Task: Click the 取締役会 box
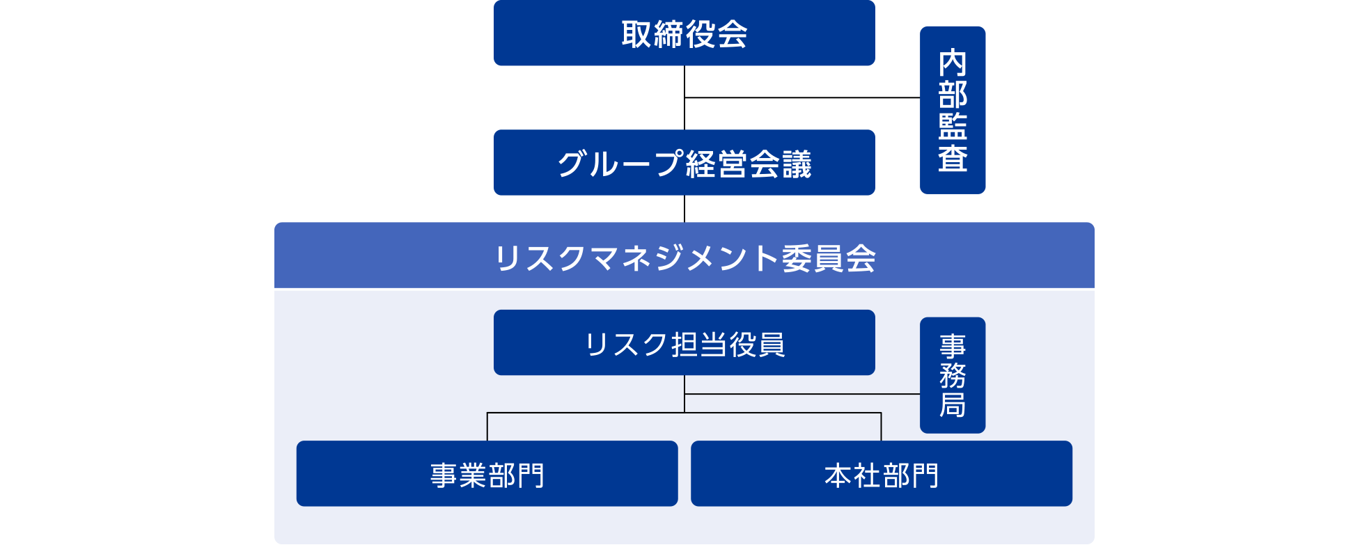click(x=684, y=33)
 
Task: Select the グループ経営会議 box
click(x=684, y=162)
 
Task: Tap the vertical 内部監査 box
click(x=952, y=110)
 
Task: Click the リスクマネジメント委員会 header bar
click(x=684, y=255)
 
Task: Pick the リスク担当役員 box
click(x=684, y=342)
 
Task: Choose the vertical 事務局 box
click(x=952, y=375)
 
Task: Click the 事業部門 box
click(x=487, y=473)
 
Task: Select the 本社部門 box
click(x=881, y=473)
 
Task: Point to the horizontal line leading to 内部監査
click(x=801, y=97)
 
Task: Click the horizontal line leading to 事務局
click(x=801, y=394)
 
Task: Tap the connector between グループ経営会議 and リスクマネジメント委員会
click(x=684, y=209)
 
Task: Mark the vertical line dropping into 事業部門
click(x=487, y=427)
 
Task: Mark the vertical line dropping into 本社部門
click(x=881, y=427)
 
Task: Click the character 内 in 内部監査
click(x=952, y=63)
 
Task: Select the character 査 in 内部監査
click(x=952, y=158)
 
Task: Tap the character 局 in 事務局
click(x=952, y=404)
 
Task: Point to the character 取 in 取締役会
click(x=636, y=34)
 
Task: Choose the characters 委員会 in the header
click(x=829, y=258)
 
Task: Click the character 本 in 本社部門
click(x=838, y=476)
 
